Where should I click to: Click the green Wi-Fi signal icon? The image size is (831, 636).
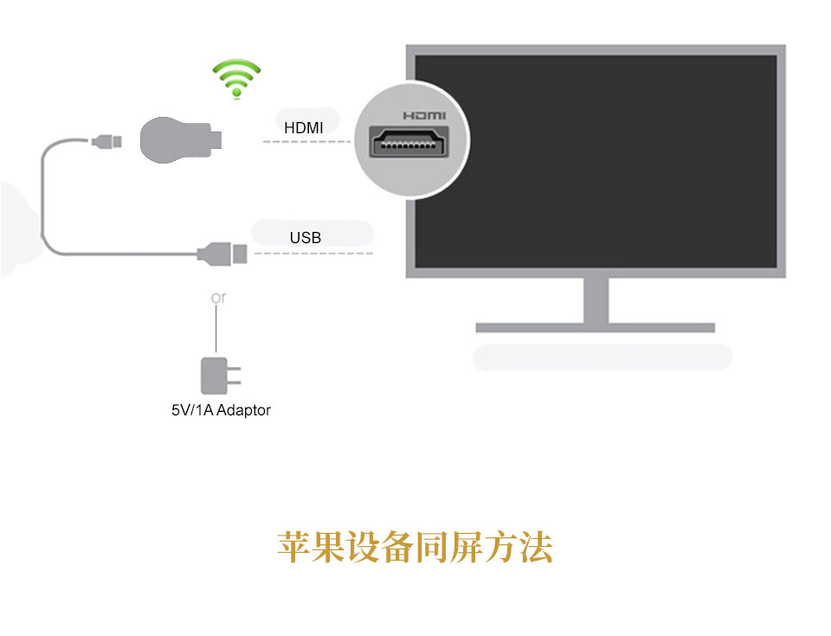tap(236, 79)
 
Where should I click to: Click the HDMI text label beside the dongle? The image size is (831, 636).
tap(304, 128)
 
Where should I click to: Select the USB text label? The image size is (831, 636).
tap(306, 237)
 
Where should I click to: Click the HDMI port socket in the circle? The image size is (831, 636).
tap(409, 142)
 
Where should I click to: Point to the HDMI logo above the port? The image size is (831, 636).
tap(424, 116)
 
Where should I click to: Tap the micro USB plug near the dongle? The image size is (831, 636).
tap(106, 142)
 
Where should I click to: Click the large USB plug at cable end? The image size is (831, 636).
tap(222, 254)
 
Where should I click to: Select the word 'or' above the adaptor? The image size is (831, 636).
tap(218, 299)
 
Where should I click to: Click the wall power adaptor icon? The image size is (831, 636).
tap(220, 376)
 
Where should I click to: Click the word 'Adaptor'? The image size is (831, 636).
tap(244, 411)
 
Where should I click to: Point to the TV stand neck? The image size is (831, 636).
tap(596, 300)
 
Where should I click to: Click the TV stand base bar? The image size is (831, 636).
tap(596, 328)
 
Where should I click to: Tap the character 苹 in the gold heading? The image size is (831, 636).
tap(293, 547)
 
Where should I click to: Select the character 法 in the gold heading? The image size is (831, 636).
tap(537, 547)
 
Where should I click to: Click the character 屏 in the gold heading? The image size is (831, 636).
tap(467, 547)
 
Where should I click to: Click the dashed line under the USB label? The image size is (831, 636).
tap(313, 254)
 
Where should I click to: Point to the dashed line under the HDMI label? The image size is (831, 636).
tap(306, 142)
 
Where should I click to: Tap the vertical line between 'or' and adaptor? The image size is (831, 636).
tap(216, 329)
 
